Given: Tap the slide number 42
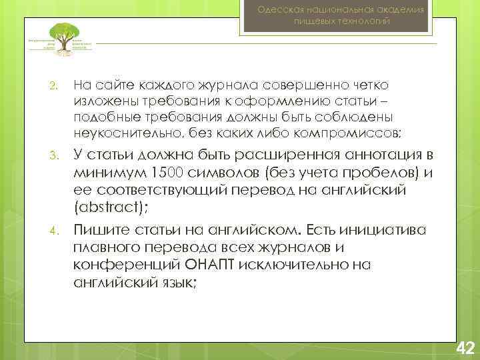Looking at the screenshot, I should [x=464, y=347].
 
